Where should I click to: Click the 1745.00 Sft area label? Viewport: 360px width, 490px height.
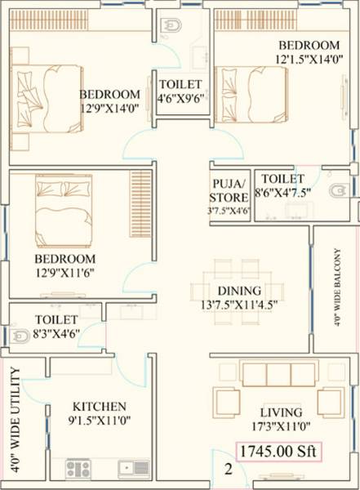click(x=278, y=450)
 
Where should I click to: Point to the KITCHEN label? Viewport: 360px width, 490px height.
click(x=100, y=406)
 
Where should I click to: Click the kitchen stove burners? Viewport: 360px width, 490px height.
click(x=78, y=468)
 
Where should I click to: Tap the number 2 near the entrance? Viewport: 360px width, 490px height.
click(x=229, y=469)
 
